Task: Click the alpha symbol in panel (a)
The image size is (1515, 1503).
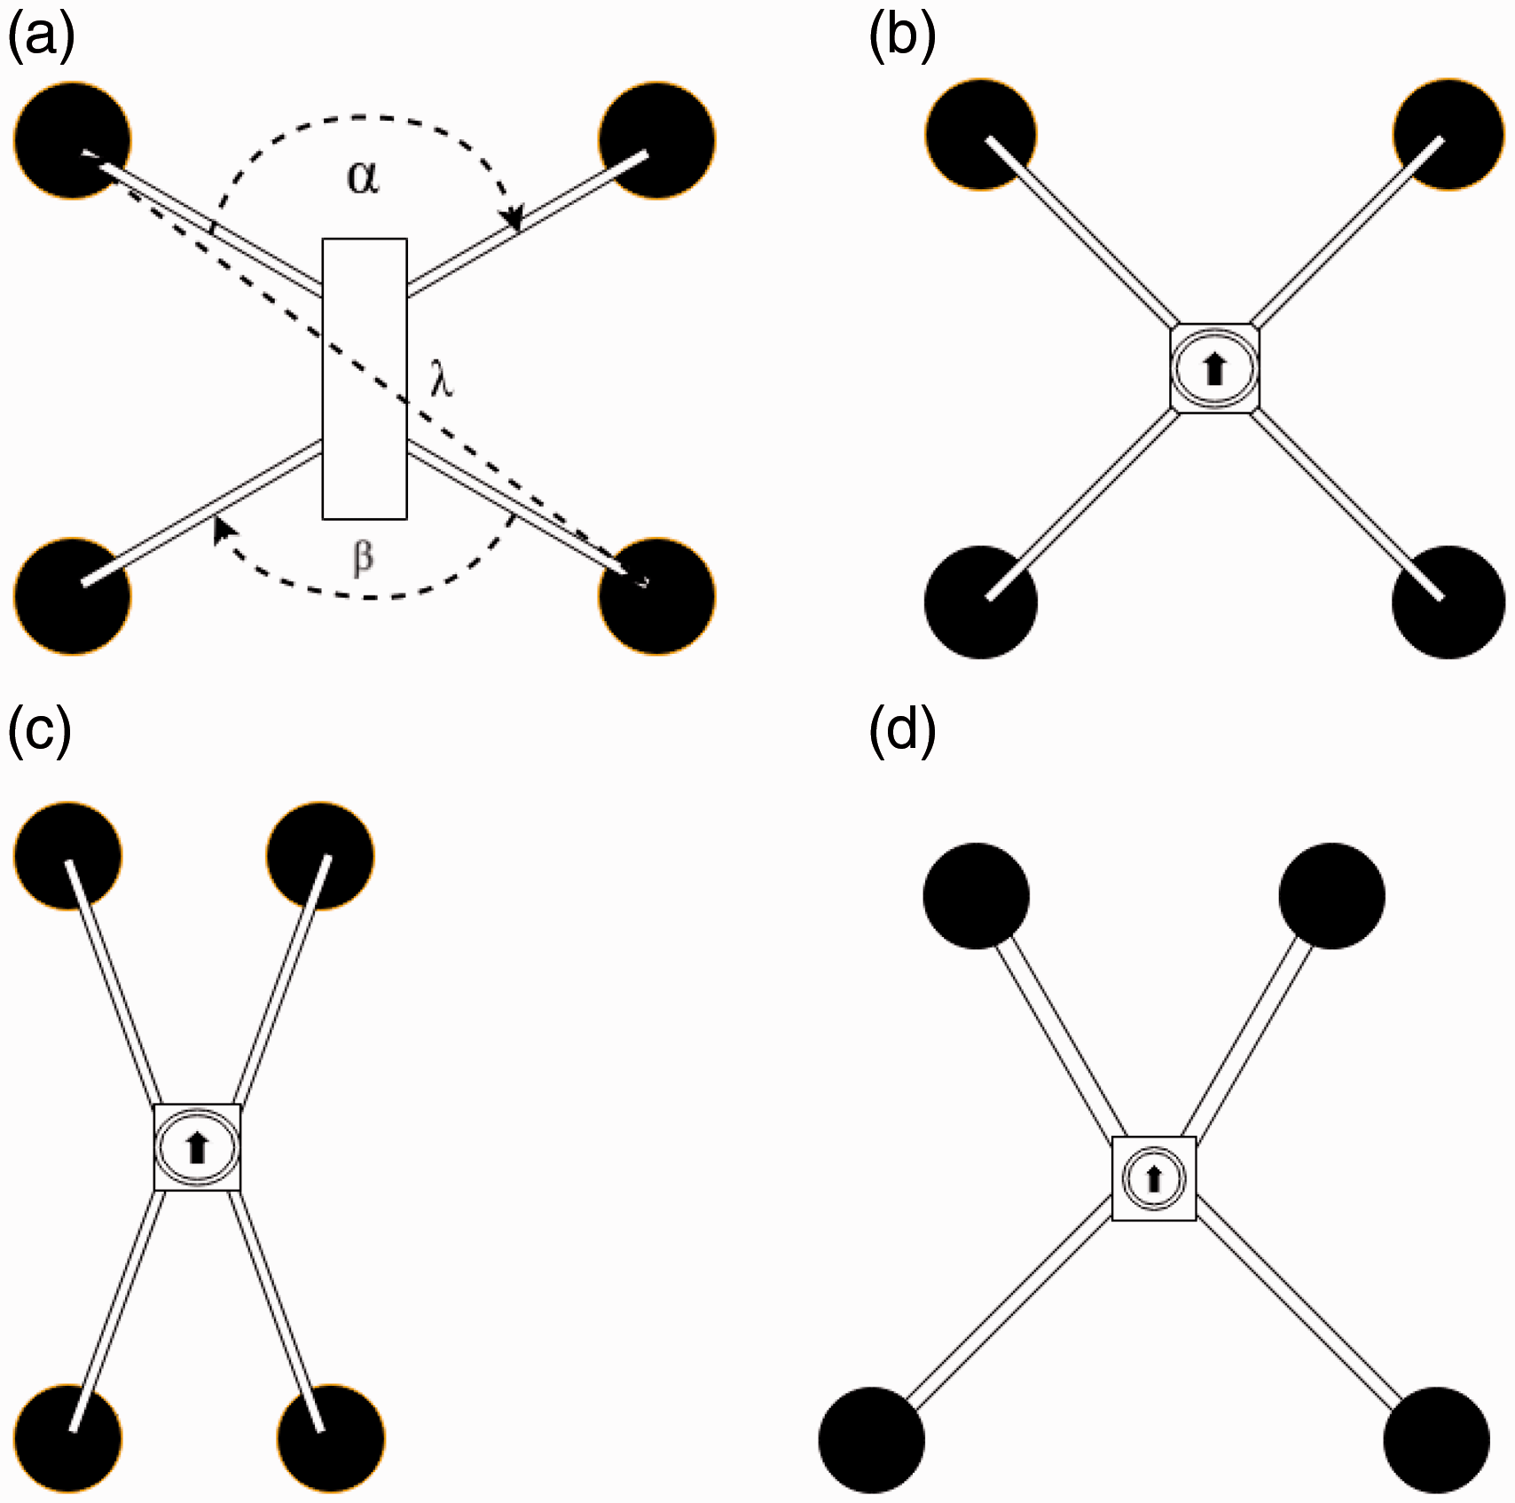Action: pyautogui.click(x=363, y=177)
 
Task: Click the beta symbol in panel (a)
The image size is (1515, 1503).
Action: pyautogui.click(x=364, y=558)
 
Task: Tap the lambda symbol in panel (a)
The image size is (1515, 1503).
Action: pyautogui.click(x=442, y=381)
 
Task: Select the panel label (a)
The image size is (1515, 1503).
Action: pyautogui.click(x=41, y=37)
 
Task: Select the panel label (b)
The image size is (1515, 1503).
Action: pyautogui.click(x=902, y=37)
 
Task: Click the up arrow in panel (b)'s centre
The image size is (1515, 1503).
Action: pyautogui.click(x=1214, y=369)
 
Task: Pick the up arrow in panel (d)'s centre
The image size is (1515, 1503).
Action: pyautogui.click(x=1153, y=1179)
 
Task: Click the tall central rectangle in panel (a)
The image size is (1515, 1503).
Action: pyautogui.click(x=365, y=379)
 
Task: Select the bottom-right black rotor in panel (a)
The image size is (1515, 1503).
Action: pyautogui.click(x=657, y=595)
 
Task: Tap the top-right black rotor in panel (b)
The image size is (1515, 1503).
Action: pyautogui.click(x=1448, y=134)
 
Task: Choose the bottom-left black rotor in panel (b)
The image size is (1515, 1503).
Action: pyautogui.click(x=981, y=602)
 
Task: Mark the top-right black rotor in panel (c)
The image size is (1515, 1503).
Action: pyautogui.click(x=320, y=855)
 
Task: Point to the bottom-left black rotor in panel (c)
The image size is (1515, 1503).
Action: pyautogui.click(x=67, y=1437)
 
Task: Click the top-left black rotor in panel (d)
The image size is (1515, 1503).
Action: pyautogui.click(x=977, y=896)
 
